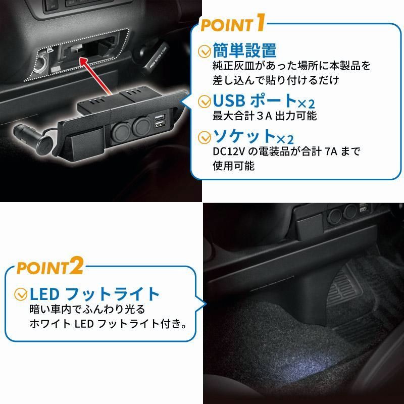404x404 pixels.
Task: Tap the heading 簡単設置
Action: [245, 50]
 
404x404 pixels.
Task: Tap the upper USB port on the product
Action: [160, 118]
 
